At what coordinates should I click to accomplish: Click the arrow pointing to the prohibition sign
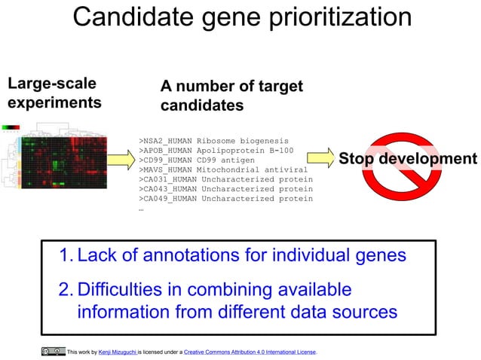coord(319,159)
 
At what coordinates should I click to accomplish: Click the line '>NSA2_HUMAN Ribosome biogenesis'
coord(213,140)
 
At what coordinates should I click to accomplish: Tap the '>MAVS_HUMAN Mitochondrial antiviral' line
coord(223,169)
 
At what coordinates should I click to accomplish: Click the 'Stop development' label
coord(407,159)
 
